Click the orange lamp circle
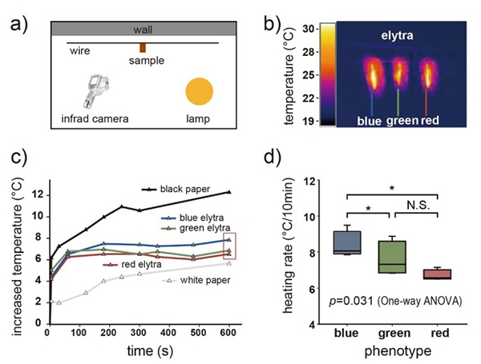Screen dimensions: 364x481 (x=200, y=90)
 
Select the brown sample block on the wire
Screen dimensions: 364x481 (x=143, y=48)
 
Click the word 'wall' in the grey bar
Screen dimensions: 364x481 (x=143, y=30)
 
